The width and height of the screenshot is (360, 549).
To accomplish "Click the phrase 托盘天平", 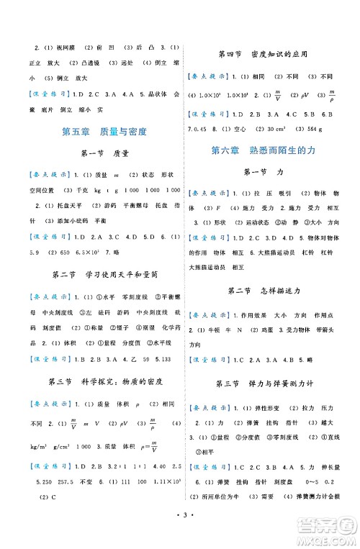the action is point(58,204).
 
